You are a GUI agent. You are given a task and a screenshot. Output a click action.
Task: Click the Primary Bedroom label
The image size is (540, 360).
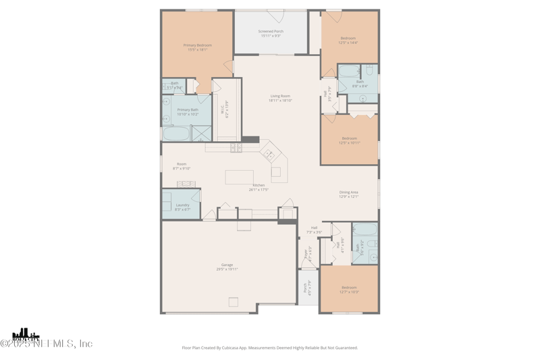tap(197, 45)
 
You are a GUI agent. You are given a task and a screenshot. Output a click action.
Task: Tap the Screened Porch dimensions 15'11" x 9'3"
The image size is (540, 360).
tap(271, 36)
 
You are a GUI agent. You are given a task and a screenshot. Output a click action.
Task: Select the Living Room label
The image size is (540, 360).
tap(280, 97)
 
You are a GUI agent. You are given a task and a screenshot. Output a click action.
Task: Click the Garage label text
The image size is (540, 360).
tap(227, 265)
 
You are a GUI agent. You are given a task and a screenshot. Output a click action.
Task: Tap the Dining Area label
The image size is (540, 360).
tap(348, 192)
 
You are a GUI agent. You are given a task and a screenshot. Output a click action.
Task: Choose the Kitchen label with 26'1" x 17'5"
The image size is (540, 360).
tap(259, 185)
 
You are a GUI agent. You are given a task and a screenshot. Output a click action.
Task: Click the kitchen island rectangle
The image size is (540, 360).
tap(239, 176)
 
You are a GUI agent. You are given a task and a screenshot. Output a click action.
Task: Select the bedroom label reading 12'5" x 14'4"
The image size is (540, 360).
tap(348, 43)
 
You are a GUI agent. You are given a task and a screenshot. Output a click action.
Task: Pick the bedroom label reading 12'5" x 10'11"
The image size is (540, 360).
tap(349, 143)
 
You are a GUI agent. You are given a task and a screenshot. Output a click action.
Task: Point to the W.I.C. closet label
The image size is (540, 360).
tap(222, 109)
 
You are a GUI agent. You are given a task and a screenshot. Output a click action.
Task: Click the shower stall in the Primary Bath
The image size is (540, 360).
tap(201, 133)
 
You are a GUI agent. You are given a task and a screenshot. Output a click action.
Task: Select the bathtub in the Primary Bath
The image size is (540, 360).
tap(175, 133)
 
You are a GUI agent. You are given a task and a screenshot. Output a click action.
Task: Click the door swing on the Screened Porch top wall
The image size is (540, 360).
tap(275, 16)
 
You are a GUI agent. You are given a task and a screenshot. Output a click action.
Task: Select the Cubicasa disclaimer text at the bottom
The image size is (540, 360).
tap(270, 348)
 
